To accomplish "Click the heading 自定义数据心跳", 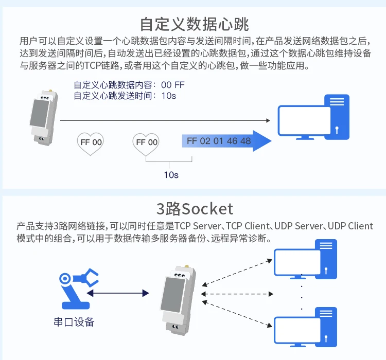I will [x=195, y=24].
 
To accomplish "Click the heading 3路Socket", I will [x=195, y=209].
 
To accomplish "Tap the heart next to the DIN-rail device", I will [x=90, y=142].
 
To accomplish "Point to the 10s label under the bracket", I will [x=171, y=175].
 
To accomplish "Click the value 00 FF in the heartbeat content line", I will [x=172, y=85].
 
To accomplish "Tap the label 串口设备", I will [x=74, y=322].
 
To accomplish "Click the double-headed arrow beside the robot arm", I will [x=118, y=293].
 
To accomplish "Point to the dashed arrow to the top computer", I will [x=237, y=272].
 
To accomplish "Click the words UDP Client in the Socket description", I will [x=350, y=226].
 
